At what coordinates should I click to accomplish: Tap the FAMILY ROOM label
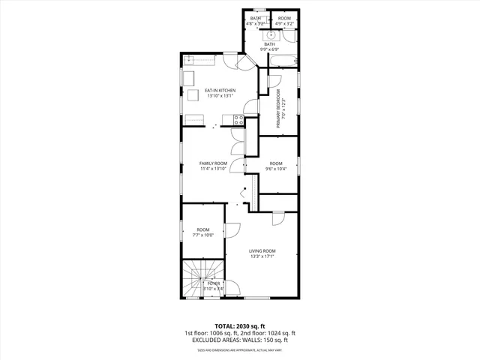pyautogui.click(x=213, y=163)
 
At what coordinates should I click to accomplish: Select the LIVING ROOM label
pyautogui.click(x=262, y=250)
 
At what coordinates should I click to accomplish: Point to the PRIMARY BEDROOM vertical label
pyautogui.click(x=277, y=109)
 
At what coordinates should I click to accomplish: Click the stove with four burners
pyautogui.click(x=238, y=118)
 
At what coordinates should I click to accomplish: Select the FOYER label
pyautogui.click(x=214, y=283)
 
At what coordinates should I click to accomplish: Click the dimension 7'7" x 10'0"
pyautogui.click(x=203, y=235)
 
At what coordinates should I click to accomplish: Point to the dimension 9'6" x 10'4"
pyautogui.click(x=276, y=169)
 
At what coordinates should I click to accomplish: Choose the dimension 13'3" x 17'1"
pyautogui.click(x=262, y=256)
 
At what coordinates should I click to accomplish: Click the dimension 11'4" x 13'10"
pyautogui.click(x=213, y=169)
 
